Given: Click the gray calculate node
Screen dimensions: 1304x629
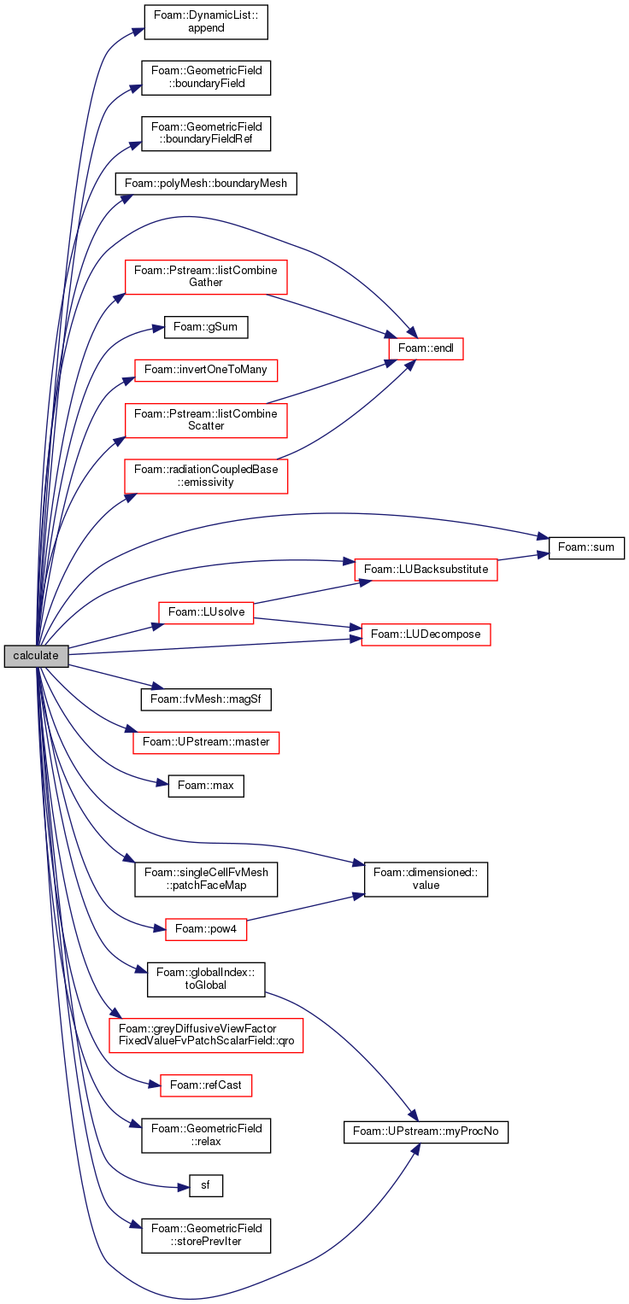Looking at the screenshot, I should (36, 656).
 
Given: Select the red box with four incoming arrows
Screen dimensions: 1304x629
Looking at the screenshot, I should (426, 349).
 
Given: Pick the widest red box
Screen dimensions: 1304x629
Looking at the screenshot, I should (206, 1036).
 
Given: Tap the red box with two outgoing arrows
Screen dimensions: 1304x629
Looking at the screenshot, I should (206, 613).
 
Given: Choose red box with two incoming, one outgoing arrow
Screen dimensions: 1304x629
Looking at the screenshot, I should (426, 570).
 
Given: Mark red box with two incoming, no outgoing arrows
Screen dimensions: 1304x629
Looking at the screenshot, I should (426, 635).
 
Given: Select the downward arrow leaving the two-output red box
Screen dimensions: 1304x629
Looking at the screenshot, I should (308, 623).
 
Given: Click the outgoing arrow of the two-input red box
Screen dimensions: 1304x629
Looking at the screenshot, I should (523, 556).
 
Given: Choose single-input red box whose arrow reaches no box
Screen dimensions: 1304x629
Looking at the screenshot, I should (206, 930).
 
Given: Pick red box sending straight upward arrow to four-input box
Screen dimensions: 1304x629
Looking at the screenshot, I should (206, 421).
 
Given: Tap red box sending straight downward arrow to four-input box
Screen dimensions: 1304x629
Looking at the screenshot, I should (206, 278).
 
